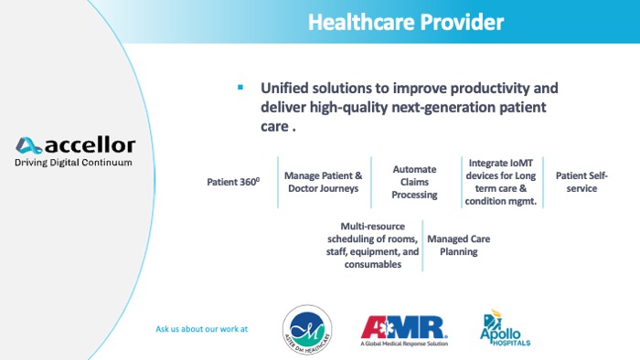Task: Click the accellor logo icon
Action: (28, 145)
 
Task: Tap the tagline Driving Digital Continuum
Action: (73, 163)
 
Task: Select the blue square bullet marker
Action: (240, 88)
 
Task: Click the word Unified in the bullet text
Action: (286, 89)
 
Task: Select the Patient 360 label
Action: (233, 182)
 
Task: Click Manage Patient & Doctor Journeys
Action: (324, 181)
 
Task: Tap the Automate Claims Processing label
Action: (414, 182)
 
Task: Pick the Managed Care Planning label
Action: (459, 245)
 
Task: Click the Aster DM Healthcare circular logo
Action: (306, 329)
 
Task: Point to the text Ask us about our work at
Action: (202, 329)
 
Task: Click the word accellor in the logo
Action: (90, 145)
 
